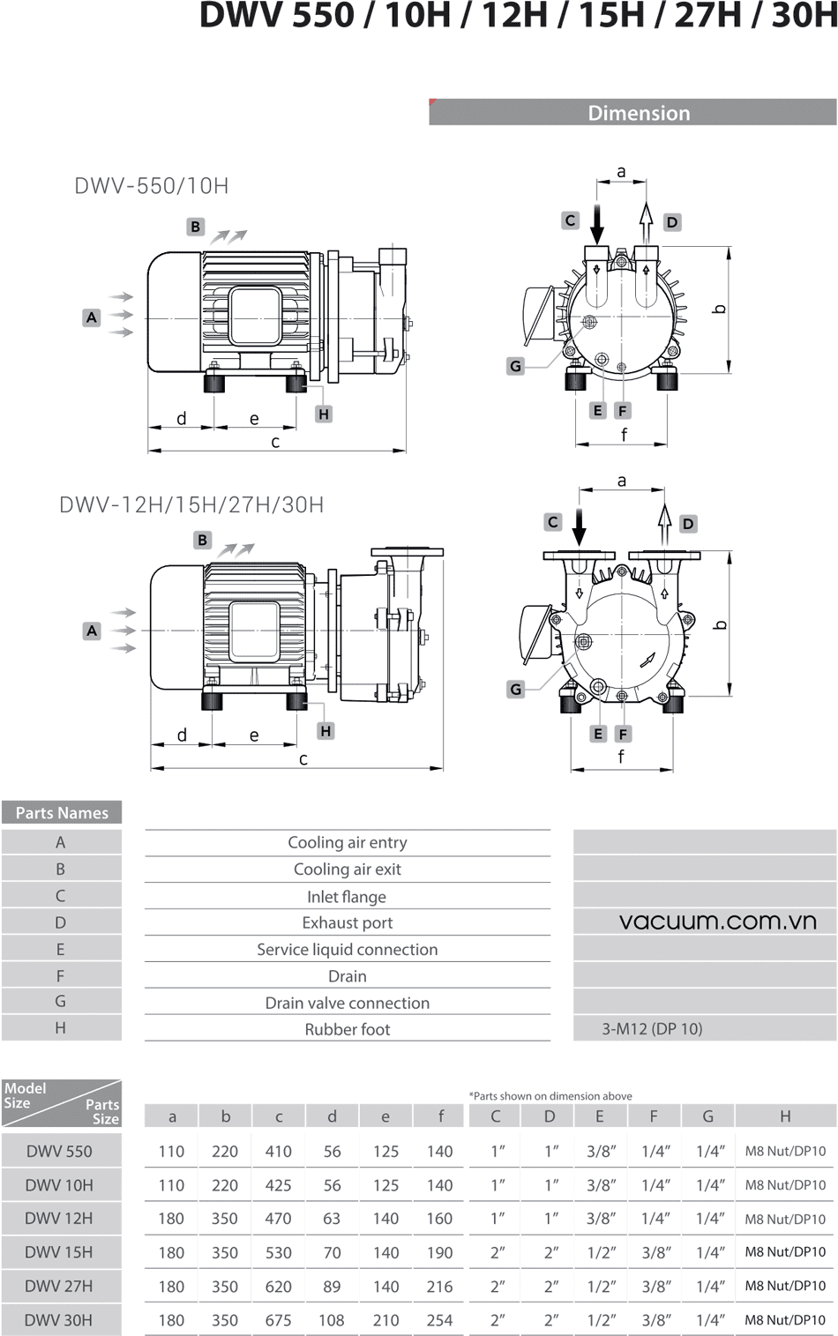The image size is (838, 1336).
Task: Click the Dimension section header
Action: [x=639, y=113]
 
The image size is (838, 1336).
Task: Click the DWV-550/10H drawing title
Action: [x=152, y=186]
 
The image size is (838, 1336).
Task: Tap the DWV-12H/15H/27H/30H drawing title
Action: [x=191, y=505]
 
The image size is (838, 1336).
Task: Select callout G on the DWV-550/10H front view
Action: [x=516, y=366]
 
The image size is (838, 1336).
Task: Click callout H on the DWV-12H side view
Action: [x=325, y=731]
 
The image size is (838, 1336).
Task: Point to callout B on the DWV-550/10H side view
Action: [x=196, y=227]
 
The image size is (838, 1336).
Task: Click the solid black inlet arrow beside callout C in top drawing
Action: [x=597, y=224]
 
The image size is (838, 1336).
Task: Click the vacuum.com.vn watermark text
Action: [x=717, y=922]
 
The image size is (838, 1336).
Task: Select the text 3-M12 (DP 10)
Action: [x=652, y=1028]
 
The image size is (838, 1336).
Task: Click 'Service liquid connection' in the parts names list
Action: [x=347, y=950]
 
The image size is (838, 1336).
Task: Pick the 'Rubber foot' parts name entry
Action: [x=347, y=1029]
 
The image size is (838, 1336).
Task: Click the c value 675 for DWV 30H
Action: [x=278, y=1320]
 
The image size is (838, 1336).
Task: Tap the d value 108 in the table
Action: [x=332, y=1320]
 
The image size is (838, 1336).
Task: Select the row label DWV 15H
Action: [x=59, y=1252]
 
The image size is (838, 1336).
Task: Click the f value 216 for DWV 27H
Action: [x=439, y=1287]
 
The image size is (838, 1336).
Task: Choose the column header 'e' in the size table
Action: [x=385, y=1116]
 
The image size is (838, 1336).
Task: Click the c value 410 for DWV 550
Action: [x=278, y=1151]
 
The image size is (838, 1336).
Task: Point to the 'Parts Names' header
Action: [x=62, y=813]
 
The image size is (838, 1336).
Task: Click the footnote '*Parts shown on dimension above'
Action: [x=550, y=1096]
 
